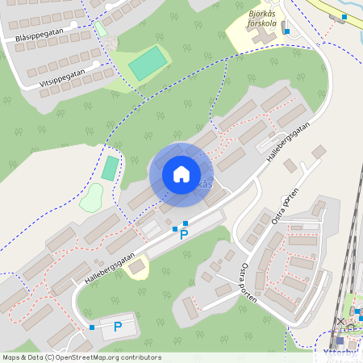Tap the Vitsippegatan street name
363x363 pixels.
coord(62,77)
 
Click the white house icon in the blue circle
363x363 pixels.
coord(181,174)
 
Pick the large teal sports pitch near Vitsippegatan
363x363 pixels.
coord(147,63)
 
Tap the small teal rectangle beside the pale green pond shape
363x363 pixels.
coord(109,169)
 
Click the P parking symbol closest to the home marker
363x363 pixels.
coord(183,235)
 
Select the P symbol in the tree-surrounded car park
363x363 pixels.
coord(118,327)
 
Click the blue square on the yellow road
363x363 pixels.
coord(344,17)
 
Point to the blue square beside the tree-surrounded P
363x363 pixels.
coord(93,328)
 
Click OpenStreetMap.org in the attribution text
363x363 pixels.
coord(94,357)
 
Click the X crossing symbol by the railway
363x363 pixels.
coord(340,321)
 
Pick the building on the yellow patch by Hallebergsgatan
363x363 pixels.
coord(138,266)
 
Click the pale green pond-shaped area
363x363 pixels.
coord(91,198)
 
